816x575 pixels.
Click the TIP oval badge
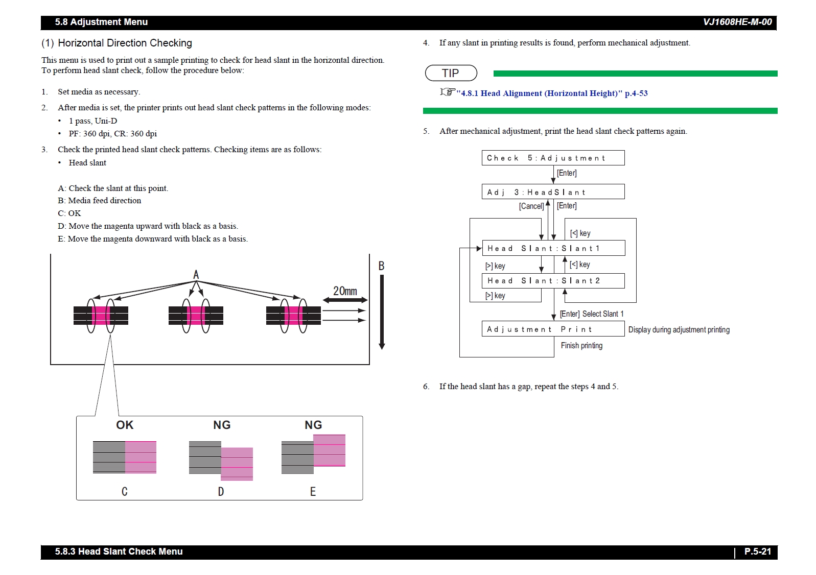pos(451,73)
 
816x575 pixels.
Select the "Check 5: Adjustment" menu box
pos(553,158)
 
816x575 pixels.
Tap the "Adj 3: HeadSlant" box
pos(553,192)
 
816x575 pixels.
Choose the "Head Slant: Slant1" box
pos(553,248)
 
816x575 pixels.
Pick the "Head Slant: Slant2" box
pos(553,281)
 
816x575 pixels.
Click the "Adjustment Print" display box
pos(553,329)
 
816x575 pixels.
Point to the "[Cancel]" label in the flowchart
pos(531,206)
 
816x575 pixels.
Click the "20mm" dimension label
pos(345,291)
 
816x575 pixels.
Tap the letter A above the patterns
pos(196,275)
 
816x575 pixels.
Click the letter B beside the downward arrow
pos(381,266)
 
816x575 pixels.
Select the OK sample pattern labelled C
pos(125,457)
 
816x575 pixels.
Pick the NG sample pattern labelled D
pos(221,460)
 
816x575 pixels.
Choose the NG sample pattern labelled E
pos(313,454)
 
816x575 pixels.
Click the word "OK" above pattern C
pos(125,425)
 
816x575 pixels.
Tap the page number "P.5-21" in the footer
pos(757,552)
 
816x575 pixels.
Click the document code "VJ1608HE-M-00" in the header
pos(737,22)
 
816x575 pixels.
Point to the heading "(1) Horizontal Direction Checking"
pos(117,43)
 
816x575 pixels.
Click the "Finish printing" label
pos(581,346)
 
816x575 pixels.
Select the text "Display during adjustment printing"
pos(679,330)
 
